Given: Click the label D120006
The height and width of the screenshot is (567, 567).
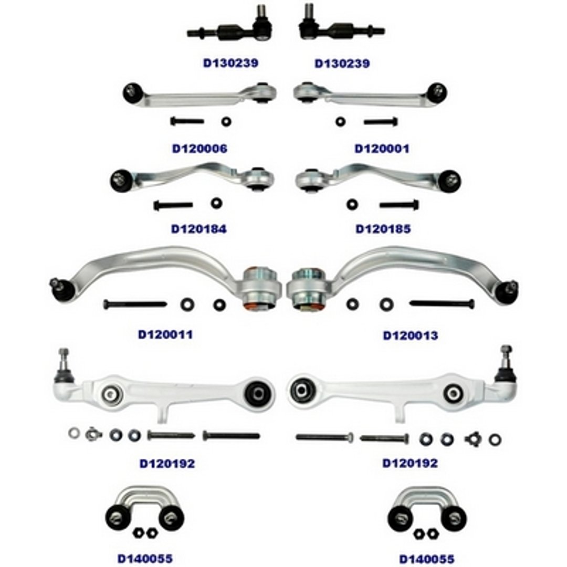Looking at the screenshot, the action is tap(199, 149).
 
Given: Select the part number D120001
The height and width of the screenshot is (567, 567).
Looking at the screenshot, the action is tap(382, 149).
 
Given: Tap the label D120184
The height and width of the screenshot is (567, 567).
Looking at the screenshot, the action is tap(199, 229).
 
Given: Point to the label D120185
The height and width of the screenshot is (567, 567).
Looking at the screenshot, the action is tap(383, 229).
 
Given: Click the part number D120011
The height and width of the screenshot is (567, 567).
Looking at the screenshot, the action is tap(165, 334).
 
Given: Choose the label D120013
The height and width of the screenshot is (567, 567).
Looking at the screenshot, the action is tap(411, 335).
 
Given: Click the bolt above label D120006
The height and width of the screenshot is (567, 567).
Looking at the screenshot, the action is tap(187, 121).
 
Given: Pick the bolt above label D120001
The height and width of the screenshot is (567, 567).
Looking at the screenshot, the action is tap(381, 122).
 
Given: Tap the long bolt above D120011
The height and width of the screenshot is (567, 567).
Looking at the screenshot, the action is tap(135, 304).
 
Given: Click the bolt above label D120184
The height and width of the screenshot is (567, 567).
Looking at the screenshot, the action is tap(173, 206).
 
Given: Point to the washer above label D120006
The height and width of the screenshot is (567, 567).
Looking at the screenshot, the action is tap(226, 121).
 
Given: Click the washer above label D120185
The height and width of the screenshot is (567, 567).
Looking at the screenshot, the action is tap(352, 205).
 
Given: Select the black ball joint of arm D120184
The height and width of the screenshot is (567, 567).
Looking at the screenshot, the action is tap(121, 181).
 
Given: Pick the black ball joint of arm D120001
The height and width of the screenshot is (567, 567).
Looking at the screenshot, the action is tap(437, 93).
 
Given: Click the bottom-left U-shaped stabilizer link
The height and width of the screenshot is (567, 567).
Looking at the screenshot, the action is tap(145, 509).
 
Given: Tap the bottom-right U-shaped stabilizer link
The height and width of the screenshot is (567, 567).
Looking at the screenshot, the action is tap(427, 511).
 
